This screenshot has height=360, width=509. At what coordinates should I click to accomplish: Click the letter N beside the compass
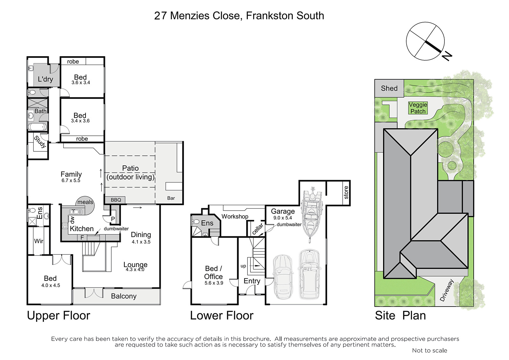447,57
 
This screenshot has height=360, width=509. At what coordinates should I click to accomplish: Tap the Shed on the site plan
389,88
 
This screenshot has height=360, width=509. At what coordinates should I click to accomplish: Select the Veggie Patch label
418,108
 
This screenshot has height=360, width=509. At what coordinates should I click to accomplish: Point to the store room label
346,193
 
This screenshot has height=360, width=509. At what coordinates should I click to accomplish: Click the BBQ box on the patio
116,200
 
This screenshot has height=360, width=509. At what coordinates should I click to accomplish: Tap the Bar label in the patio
171,198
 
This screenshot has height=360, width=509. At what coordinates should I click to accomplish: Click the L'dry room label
45,79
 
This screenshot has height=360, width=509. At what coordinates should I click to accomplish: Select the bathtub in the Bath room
38,127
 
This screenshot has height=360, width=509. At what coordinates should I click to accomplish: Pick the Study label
40,142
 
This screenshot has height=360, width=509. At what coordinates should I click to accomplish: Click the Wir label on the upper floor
38,241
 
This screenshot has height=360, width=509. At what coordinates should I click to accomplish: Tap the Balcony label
124,296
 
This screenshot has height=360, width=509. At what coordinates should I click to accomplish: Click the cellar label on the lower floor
258,229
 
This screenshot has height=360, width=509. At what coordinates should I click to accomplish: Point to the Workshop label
235,217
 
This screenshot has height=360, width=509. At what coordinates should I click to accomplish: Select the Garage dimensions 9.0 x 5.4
282,218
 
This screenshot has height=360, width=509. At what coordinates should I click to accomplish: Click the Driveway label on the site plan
447,290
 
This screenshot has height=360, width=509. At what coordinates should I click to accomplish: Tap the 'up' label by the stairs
243,266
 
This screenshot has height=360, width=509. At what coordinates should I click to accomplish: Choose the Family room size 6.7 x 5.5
71,181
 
